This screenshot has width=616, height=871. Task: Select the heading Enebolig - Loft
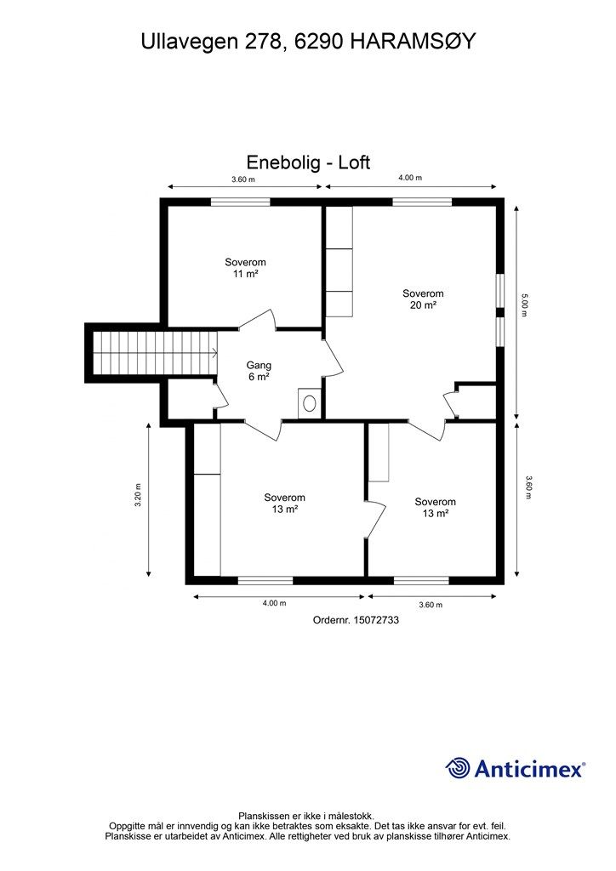pyautogui.click(x=308, y=162)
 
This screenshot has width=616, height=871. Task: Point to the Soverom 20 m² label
pyautogui.click(x=423, y=299)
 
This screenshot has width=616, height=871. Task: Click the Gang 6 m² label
pyautogui.click(x=258, y=371)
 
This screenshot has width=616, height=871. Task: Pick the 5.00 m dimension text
pyautogui.click(x=524, y=305)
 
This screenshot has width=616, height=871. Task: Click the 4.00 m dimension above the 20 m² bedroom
pyautogui.click(x=409, y=178)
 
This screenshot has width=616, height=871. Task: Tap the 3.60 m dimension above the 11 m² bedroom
pyautogui.click(x=243, y=179)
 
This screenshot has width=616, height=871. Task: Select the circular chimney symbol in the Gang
pyautogui.click(x=310, y=403)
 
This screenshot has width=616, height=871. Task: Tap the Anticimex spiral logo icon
pyautogui.click(x=458, y=768)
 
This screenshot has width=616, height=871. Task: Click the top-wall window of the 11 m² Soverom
pyautogui.click(x=241, y=202)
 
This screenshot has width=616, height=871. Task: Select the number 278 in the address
pyautogui.click(x=260, y=43)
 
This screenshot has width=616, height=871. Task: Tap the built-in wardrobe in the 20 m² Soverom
pyautogui.click(x=339, y=261)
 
